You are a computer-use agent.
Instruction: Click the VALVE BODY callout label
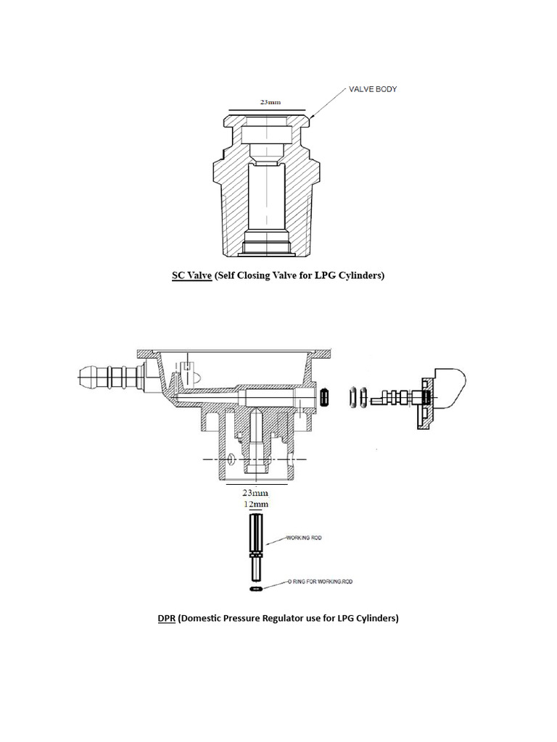[369, 89]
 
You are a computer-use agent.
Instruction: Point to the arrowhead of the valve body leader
[310, 117]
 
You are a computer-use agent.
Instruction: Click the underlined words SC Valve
[191, 276]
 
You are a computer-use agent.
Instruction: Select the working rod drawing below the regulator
[256, 547]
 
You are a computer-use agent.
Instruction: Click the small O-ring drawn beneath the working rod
[256, 591]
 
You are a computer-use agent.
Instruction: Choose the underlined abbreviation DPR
[167, 618]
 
